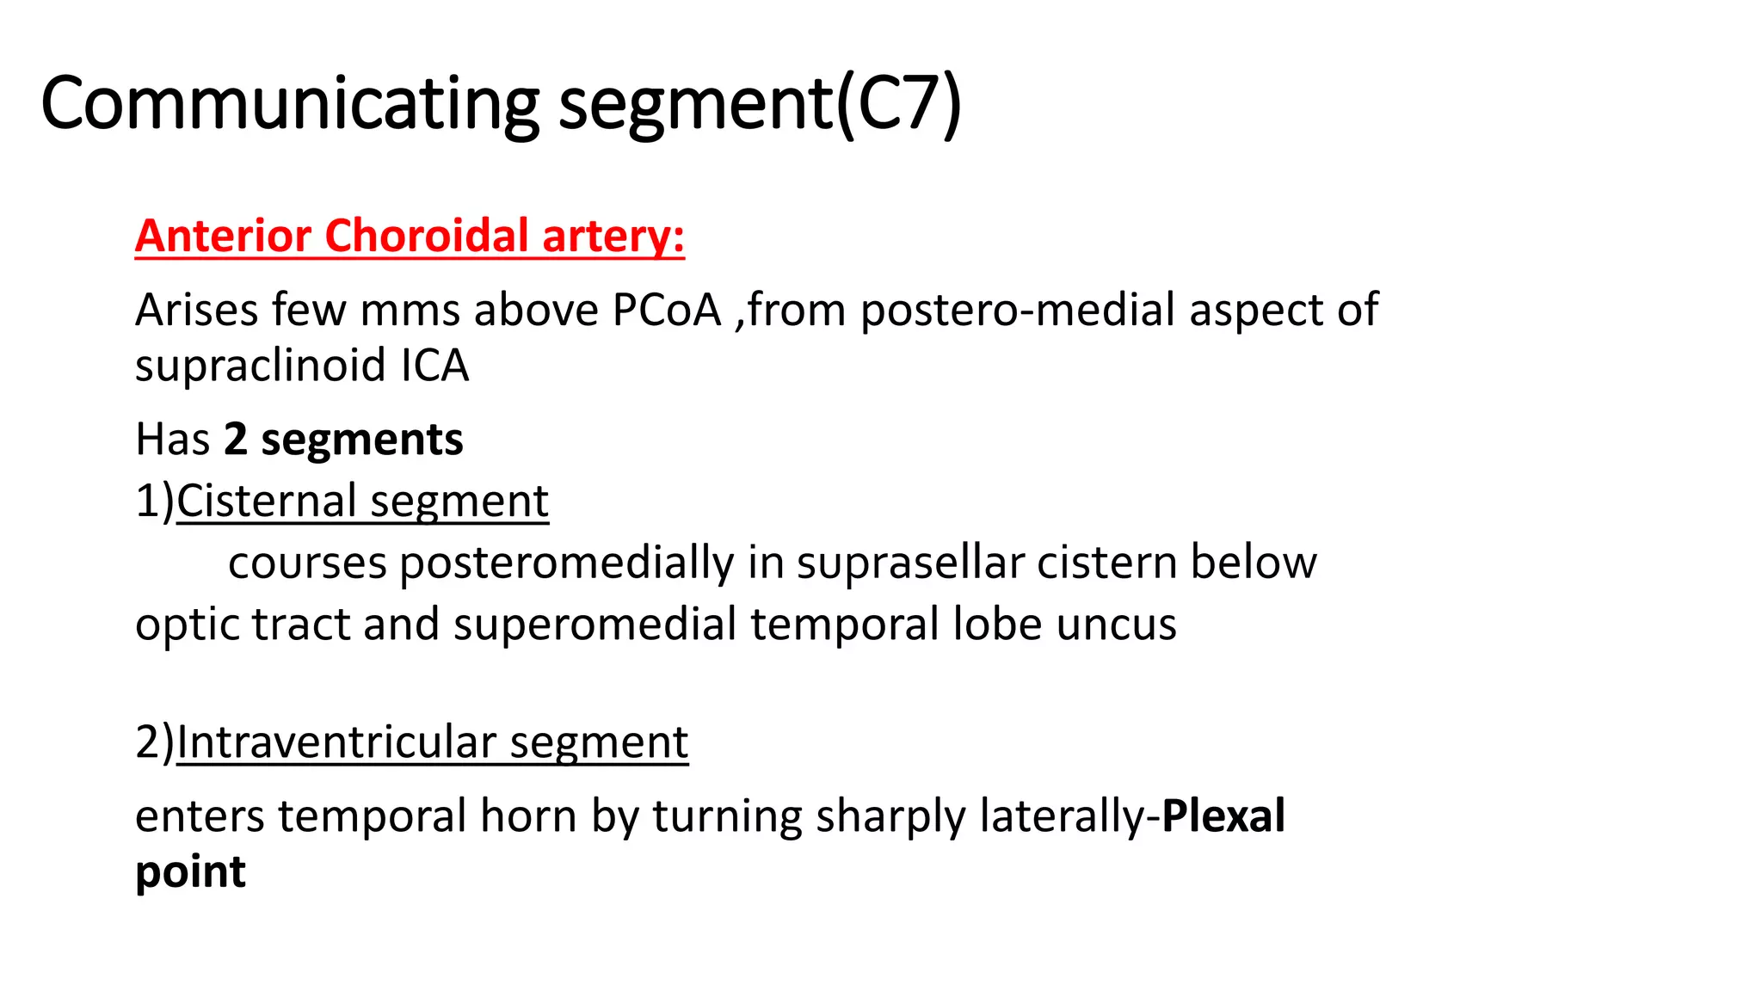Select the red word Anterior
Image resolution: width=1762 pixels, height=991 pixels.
(x=223, y=236)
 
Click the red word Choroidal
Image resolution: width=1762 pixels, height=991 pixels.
(x=427, y=236)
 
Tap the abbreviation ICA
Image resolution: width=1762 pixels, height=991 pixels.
(x=435, y=366)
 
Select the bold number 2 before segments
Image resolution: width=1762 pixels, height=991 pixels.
(x=235, y=440)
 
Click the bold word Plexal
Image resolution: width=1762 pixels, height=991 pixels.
(x=1223, y=816)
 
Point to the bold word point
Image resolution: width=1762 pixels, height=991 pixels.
(x=190, y=873)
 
